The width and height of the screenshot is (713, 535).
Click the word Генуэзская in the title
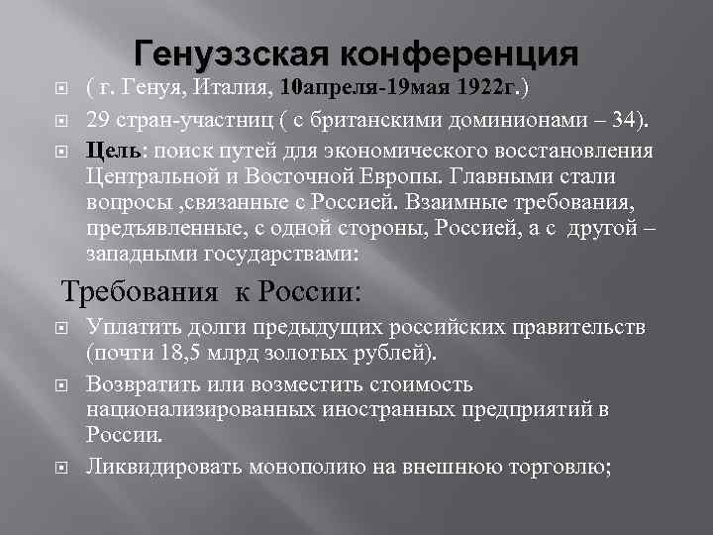233,52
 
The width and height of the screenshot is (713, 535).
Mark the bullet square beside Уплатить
60,328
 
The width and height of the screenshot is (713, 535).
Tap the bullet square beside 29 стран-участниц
60,122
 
